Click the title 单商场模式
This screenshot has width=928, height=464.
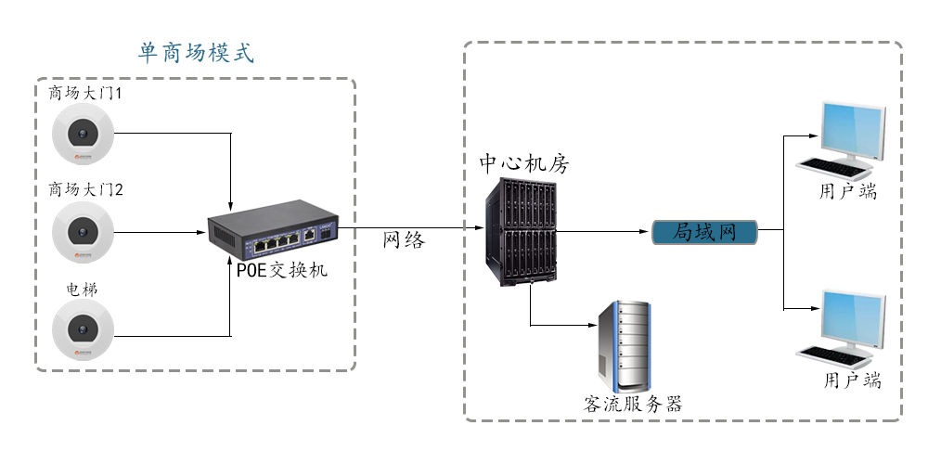point(196,52)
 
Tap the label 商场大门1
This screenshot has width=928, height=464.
point(86,94)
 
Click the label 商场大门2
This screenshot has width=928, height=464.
point(86,190)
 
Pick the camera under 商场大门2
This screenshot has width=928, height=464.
point(83,231)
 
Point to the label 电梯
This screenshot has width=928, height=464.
point(82,290)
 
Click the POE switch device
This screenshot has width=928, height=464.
point(274,235)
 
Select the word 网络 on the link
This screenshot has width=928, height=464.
point(404,240)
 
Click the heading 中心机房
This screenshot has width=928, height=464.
point(523,163)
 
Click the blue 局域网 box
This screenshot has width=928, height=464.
point(704,232)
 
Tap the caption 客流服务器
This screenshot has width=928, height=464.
point(633,404)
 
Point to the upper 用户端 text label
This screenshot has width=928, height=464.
point(848,192)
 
